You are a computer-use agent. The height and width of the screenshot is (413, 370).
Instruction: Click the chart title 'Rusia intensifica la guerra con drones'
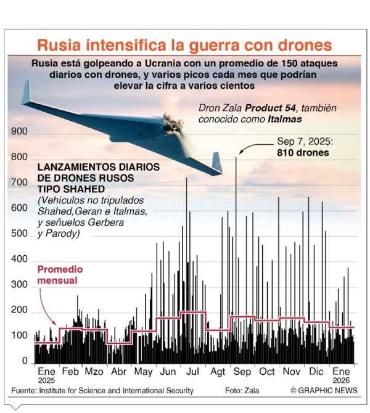(184, 45)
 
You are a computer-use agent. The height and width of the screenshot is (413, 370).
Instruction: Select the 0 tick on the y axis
(25, 361)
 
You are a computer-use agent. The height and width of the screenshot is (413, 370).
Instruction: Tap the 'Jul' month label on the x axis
(192, 372)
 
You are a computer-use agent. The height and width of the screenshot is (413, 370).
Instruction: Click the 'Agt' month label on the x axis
(218, 372)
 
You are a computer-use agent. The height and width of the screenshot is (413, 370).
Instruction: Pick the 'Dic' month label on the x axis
(316, 372)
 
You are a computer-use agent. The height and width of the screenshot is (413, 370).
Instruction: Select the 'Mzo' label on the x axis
(94, 372)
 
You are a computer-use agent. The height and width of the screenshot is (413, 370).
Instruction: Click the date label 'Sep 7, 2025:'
(303, 141)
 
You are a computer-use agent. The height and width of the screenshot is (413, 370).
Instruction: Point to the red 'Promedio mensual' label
(60, 275)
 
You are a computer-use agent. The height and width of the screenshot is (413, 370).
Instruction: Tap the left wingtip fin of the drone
(25, 92)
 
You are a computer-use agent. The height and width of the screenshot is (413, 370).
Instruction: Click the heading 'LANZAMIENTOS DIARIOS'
(99, 167)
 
